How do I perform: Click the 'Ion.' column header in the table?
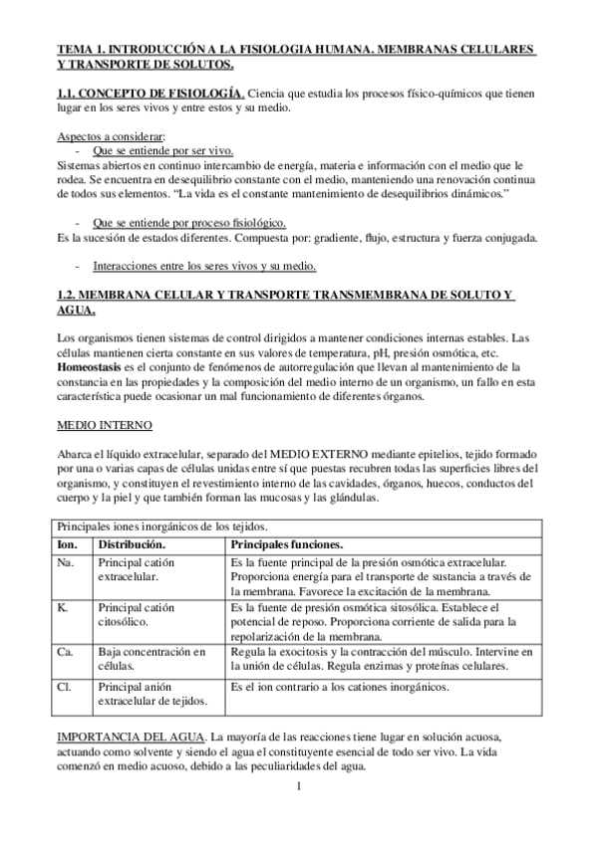(68, 545)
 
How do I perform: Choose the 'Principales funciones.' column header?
(286, 545)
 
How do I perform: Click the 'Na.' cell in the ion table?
(67, 563)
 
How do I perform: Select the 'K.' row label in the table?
(64, 607)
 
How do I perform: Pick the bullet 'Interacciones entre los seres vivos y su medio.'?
(204, 267)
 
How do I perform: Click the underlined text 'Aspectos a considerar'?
(111, 136)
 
